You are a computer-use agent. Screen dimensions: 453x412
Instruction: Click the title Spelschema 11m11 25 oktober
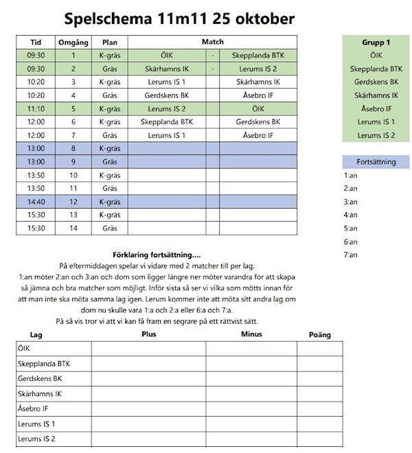179,19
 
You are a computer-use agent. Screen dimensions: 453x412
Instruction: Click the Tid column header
36,42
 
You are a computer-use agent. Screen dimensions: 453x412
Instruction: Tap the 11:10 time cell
36,108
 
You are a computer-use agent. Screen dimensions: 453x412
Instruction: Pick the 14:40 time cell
36,202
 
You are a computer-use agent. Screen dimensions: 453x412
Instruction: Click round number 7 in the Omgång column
73,135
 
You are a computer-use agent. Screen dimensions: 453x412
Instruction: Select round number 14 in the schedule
73,228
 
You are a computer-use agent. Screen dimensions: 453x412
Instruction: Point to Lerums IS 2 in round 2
257,69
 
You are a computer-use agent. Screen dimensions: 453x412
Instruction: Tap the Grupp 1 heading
376,42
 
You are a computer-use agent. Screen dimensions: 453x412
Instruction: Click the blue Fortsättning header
376,162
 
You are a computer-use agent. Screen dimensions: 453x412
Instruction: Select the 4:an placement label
350,215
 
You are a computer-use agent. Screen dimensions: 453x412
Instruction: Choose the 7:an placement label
350,255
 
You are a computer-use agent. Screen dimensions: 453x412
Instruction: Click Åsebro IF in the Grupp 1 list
376,108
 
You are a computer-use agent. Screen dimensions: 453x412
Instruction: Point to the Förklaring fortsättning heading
161,255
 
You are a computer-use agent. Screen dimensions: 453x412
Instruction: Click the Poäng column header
319,335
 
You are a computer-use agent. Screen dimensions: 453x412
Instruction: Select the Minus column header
251,334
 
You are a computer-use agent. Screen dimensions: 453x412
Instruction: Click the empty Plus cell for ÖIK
148,349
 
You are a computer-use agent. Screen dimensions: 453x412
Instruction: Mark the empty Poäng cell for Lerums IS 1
319,423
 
